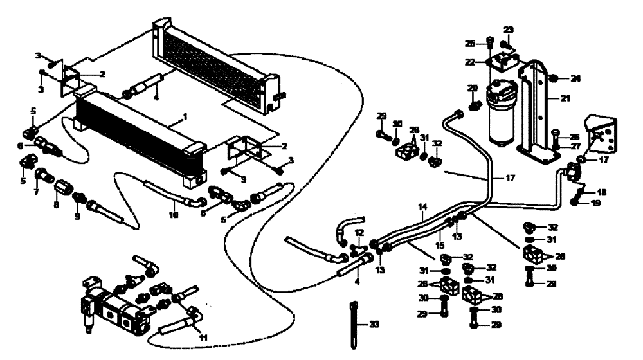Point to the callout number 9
pos(78,217)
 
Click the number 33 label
pos(376,325)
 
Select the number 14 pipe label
pos(422,207)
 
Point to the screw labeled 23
pos(506,44)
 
